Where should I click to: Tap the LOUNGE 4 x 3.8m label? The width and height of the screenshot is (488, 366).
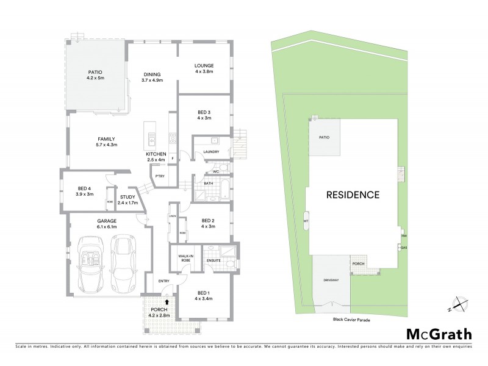(204, 66)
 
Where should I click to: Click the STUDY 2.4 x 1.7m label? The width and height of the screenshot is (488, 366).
(127, 199)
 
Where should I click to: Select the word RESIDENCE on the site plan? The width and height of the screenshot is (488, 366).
(353, 195)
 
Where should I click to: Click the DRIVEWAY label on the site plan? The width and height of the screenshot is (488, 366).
(331, 280)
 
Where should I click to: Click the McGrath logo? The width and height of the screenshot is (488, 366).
(439, 334)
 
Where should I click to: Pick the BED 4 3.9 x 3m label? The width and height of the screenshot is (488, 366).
(85, 191)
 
